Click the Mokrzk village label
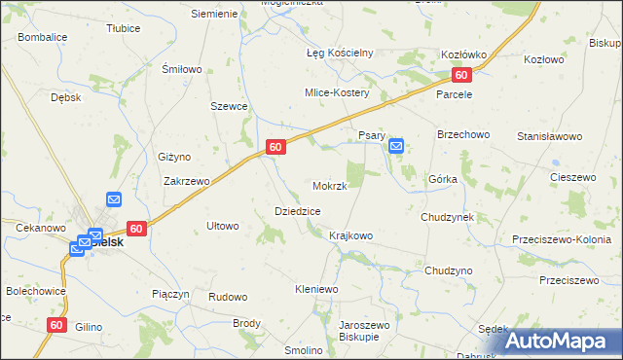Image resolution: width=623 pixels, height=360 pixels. click(330, 186)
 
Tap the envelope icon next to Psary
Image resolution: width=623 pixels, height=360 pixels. click(396, 146)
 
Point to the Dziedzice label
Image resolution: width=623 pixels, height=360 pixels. click(298, 210)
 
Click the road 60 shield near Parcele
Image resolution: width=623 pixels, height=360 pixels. click(461, 76)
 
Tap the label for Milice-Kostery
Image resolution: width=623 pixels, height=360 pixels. click(336, 92)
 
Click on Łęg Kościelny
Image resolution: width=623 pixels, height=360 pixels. click(341, 53)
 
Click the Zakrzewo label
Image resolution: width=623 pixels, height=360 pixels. click(187, 181)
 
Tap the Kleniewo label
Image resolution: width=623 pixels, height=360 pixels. click(315, 289)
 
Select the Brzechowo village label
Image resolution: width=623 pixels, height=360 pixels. click(462, 133)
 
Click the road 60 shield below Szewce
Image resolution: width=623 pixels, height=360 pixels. click(276, 147)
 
